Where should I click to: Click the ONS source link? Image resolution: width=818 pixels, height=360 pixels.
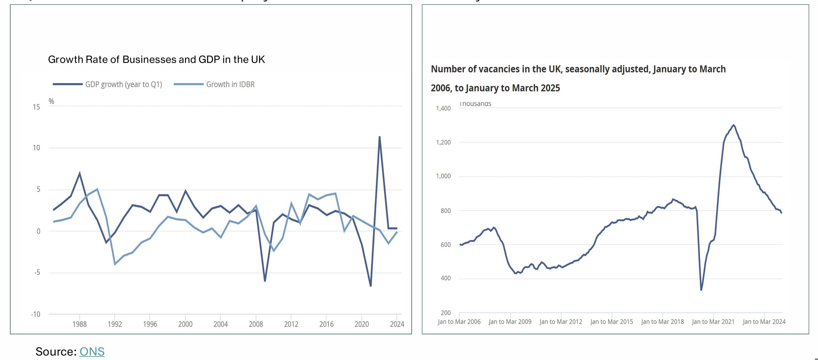[92, 351]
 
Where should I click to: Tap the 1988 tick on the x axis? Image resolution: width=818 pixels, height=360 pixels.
[79, 324]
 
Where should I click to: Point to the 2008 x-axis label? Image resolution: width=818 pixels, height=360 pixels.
[256, 324]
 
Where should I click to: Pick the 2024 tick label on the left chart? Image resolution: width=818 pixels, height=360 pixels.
[397, 324]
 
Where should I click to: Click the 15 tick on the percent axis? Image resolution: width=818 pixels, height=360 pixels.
[37, 107]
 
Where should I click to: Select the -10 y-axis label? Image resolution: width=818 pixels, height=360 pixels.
[36, 314]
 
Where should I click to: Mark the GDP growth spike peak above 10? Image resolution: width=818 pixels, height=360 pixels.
[380, 137]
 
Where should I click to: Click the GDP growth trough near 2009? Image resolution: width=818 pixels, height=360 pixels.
[265, 281]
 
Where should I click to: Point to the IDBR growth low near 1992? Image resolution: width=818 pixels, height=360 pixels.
[115, 264]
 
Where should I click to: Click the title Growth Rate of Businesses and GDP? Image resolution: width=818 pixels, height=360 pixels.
[156, 59]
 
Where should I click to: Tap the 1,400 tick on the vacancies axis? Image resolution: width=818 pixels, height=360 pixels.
[443, 108]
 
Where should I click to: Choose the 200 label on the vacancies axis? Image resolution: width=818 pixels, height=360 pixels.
[445, 313]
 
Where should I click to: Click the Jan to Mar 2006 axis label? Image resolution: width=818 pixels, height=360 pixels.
[459, 322]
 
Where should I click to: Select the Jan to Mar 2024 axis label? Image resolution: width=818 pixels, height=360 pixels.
[764, 322]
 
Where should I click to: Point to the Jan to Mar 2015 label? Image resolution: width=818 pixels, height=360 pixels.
[612, 322]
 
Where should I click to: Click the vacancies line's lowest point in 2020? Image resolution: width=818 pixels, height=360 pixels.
[701, 290]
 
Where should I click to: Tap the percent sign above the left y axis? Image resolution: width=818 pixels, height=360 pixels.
[51, 101]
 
